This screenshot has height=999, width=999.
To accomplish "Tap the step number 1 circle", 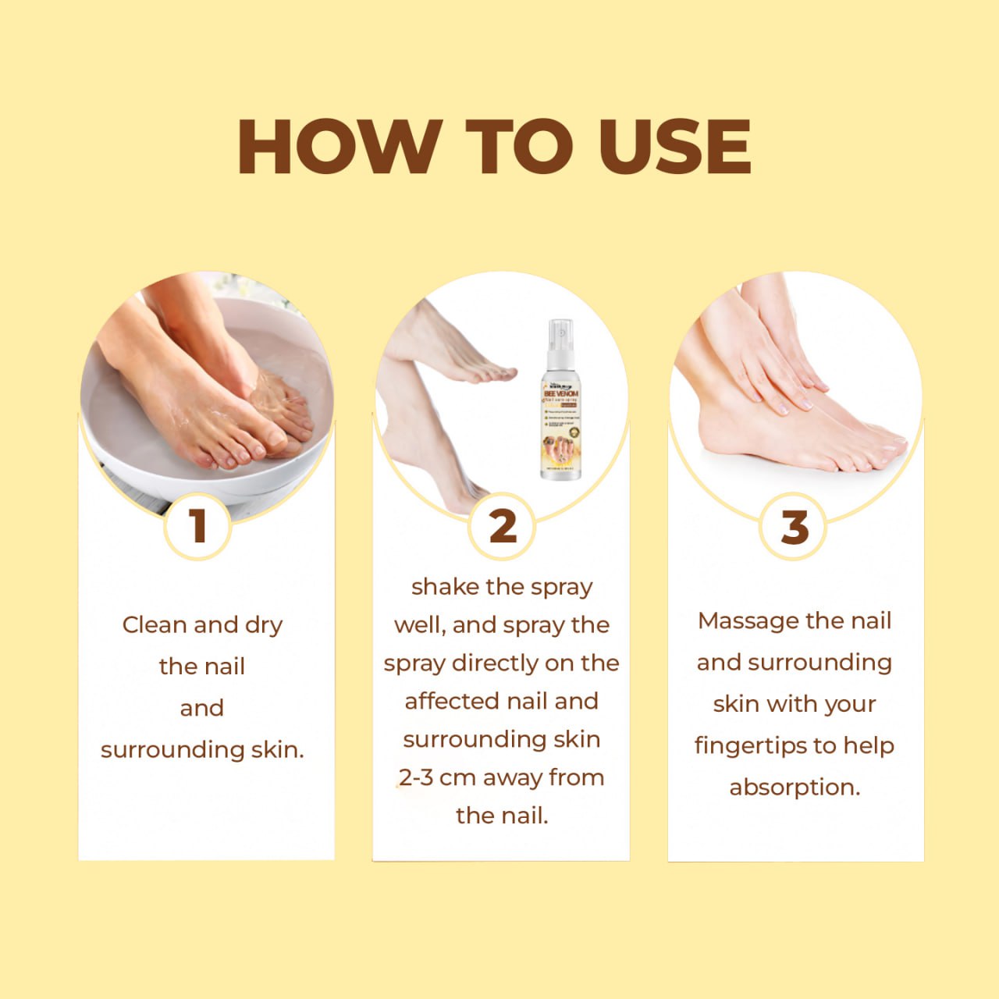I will (x=198, y=525).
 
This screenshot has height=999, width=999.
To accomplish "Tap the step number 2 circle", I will (x=503, y=525).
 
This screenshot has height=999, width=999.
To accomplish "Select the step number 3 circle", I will (x=795, y=527).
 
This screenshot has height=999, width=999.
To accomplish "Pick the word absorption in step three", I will (x=795, y=787).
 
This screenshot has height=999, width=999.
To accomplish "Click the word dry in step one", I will (x=264, y=626).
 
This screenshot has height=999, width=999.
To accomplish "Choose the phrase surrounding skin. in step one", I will (x=202, y=749).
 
